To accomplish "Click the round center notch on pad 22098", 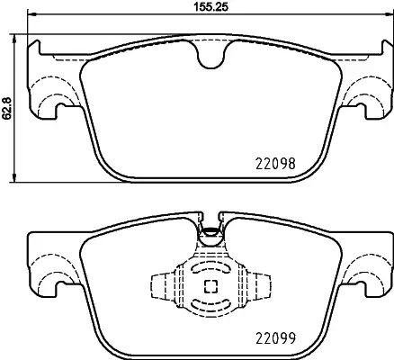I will coord(210,58).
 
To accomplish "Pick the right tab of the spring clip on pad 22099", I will coord(263,287).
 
